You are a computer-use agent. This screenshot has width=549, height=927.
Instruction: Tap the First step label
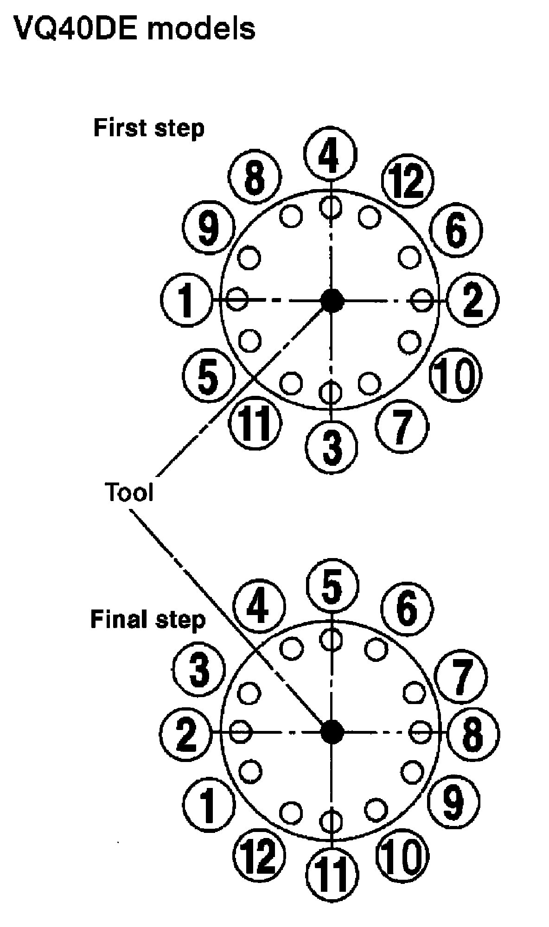tap(149, 128)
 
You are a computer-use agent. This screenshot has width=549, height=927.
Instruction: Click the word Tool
tap(129, 492)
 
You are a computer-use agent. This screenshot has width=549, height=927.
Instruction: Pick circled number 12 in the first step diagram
tap(408, 182)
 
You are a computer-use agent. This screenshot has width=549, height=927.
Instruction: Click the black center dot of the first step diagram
tap(332, 300)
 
